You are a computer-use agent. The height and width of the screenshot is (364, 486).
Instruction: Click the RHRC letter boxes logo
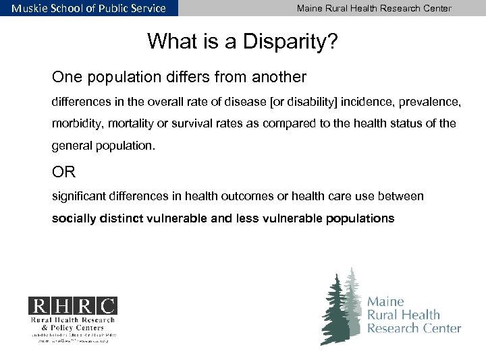click(72, 306)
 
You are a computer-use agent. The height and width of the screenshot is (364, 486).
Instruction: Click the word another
click(279, 77)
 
